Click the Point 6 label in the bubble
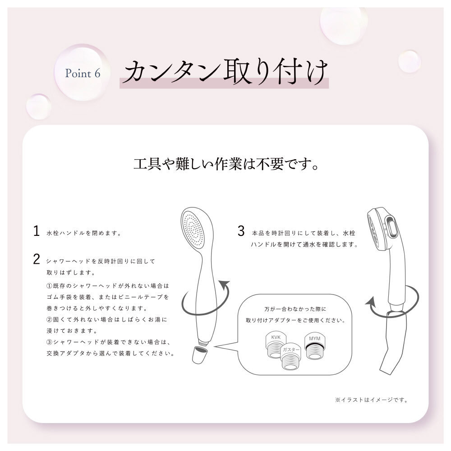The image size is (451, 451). [x=83, y=74]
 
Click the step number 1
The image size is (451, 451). [x=36, y=231]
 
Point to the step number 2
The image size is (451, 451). [x=36, y=259]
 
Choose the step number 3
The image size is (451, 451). [x=241, y=231]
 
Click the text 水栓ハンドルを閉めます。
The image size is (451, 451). [x=84, y=233]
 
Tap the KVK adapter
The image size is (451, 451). [x=276, y=345]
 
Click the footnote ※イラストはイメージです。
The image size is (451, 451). [x=371, y=400]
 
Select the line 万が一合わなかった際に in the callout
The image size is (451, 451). [x=295, y=309]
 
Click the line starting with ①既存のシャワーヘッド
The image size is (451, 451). [x=108, y=286]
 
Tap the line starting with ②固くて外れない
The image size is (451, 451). [x=107, y=320]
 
